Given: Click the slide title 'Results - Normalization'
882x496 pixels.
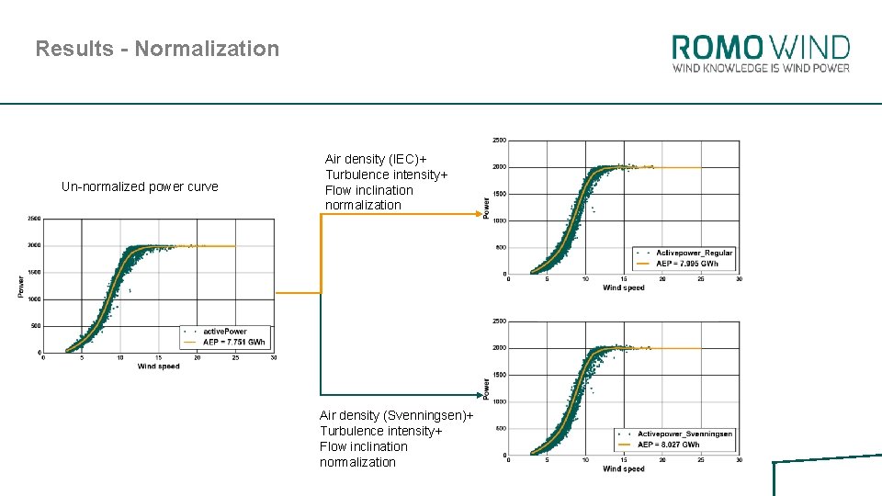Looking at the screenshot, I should pos(157,49).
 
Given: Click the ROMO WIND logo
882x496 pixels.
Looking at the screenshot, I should pos(761,47).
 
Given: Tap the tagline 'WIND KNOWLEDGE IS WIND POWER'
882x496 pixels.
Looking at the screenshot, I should pos(761,68).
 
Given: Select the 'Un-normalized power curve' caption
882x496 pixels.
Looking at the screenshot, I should pos(140,186).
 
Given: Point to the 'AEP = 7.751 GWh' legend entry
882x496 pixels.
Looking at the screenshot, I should pos(233,342).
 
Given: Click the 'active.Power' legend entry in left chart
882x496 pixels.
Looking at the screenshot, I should pos(224,331).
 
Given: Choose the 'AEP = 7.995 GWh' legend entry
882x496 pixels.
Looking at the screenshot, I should pos(687,264).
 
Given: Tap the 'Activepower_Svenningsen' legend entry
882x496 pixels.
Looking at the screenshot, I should pos(684,434).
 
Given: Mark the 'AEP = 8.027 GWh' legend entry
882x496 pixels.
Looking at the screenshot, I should pos(668,445).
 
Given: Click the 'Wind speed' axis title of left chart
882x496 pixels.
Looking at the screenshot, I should pos(159,366).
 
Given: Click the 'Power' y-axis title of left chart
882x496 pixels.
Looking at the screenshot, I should pos(20,286).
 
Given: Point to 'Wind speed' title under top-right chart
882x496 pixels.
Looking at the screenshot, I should pos(624,287).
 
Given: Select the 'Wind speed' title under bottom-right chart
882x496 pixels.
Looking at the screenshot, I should pos(624,468).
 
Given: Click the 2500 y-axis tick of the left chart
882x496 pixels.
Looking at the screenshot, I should pos(33,219).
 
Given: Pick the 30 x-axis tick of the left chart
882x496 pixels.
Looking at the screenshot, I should pos(274,358).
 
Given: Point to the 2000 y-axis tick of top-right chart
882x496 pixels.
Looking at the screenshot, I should pos(498,167).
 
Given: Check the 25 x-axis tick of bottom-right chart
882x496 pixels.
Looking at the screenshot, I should pos(701,460).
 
